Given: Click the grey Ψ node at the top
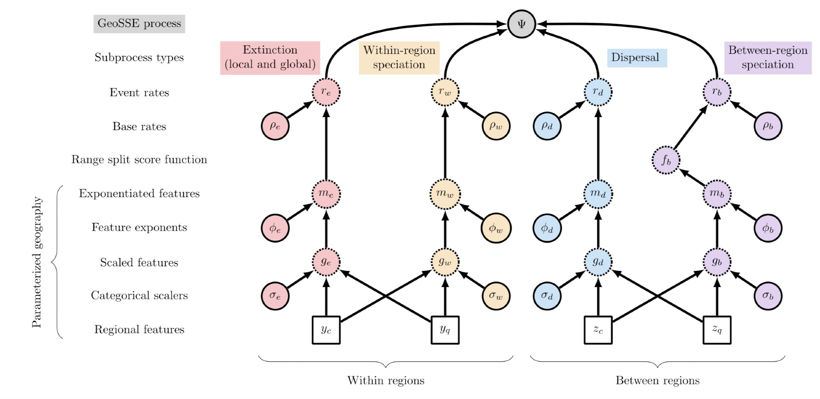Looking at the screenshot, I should click(522, 24).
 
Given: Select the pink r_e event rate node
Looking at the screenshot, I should click(326, 92).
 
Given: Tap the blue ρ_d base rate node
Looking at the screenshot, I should click(547, 126).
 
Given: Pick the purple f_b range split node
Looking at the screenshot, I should click(666, 160).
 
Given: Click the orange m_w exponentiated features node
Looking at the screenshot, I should click(445, 194).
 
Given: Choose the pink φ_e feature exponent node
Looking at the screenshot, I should click(275, 228).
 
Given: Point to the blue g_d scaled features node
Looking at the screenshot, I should click(598, 262).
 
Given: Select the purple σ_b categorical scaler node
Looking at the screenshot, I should click(768, 296).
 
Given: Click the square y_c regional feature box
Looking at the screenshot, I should click(326, 330).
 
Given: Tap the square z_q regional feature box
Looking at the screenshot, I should click(717, 330).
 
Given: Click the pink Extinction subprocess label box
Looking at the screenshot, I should click(270, 57).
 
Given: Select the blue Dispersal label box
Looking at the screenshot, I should click(637, 57).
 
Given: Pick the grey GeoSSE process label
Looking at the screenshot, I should click(139, 24).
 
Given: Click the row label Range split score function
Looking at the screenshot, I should click(139, 159).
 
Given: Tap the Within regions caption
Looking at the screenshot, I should click(386, 381).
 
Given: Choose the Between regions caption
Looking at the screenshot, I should click(658, 381).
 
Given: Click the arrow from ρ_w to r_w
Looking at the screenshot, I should click(471, 109).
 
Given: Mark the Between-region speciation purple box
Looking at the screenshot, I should click(768, 57).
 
